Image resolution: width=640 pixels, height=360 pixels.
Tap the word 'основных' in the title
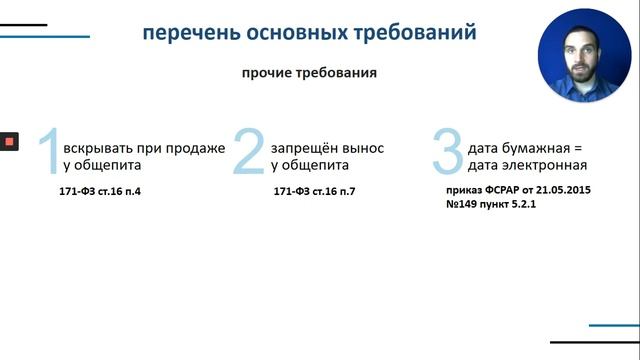pyautogui.click(x=283, y=33)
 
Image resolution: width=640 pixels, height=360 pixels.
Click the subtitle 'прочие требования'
pyautogui.click(x=309, y=74)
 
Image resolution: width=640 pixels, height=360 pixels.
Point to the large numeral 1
pyautogui.click(x=47, y=153)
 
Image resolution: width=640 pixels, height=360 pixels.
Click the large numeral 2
pyautogui.click(x=249, y=153)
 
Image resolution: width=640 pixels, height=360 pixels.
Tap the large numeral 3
pyautogui.click(x=447, y=153)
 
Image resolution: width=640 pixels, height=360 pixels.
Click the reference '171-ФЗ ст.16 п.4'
pyautogui.click(x=100, y=190)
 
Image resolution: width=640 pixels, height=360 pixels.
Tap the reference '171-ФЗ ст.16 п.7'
pyautogui.click(x=313, y=190)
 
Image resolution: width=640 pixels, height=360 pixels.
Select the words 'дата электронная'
pyautogui.click(x=526, y=165)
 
